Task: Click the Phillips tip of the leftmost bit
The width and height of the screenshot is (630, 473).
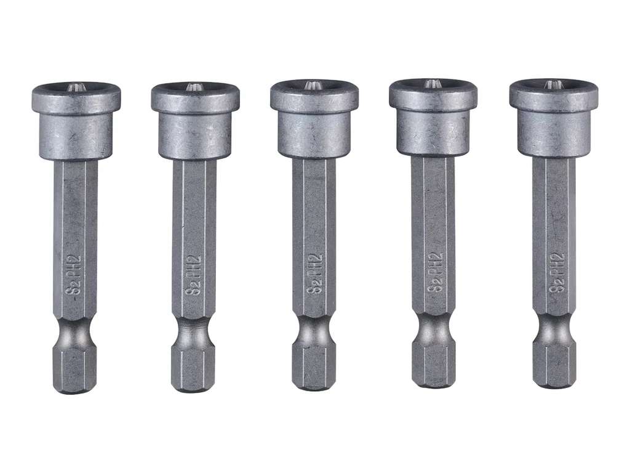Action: [x=76, y=87]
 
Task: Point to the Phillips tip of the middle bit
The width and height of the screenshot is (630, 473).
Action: [x=313, y=86]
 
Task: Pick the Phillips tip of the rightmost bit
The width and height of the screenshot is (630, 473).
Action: [x=552, y=85]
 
